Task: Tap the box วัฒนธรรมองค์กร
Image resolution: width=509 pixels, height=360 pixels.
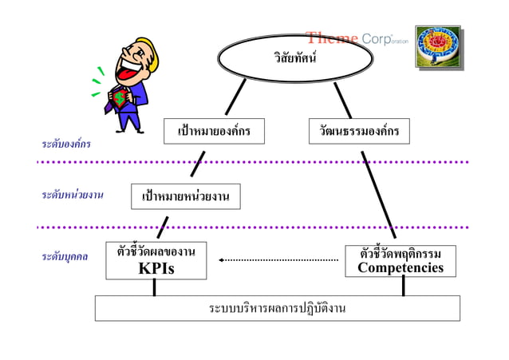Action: (x=359, y=131)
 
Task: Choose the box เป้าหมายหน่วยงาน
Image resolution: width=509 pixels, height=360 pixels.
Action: (x=185, y=196)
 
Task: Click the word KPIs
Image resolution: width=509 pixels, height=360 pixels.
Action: (x=156, y=269)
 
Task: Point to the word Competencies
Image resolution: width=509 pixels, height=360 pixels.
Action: (x=400, y=267)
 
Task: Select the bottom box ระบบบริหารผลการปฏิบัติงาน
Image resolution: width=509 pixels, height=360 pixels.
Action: (x=277, y=307)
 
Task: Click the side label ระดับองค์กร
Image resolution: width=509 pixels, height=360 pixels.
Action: (x=66, y=144)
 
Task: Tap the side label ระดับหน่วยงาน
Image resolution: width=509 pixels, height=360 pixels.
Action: (x=73, y=194)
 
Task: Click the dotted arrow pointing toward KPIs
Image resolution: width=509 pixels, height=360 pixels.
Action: (x=279, y=259)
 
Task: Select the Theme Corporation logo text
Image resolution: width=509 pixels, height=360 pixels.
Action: (x=357, y=38)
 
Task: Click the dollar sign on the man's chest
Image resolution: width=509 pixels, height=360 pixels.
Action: (x=119, y=99)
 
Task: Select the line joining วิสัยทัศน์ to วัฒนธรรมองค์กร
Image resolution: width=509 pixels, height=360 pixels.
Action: (x=342, y=98)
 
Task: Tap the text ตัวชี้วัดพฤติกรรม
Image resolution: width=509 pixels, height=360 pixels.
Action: (x=400, y=253)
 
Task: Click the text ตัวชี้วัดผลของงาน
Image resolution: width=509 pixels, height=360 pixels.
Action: (x=156, y=251)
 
